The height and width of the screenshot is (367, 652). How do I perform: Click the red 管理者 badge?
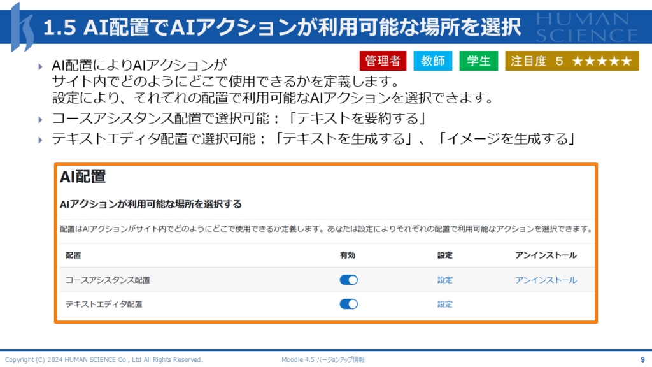pyautogui.click(x=383, y=61)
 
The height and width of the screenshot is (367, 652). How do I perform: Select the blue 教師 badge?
pyautogui.click(x=432, y=61)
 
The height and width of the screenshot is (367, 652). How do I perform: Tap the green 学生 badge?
pyautogui.click(x=479, y=61)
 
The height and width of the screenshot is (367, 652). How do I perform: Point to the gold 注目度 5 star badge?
pyautogui.click(x=572, y=61)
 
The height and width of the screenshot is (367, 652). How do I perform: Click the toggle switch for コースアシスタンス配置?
pyautogui.click(x=348, y=280)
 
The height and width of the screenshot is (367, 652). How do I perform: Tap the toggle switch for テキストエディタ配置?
pyautogui.click(x=348, y=304)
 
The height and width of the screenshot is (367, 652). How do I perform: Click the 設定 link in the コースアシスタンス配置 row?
pyautogui.click(x=444, y=280)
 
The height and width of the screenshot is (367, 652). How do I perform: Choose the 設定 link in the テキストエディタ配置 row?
pyautogui.click(x=444, y=304)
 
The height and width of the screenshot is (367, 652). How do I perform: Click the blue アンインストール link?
pyautogui.click(x=546, y=280)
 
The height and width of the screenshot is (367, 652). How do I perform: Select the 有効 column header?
pyautogui.click(x=348, y=255)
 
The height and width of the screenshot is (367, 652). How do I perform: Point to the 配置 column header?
pyautogui.click(x=73, y=255)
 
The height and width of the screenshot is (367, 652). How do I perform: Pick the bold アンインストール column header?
pyautogui.click(x=546, y=255)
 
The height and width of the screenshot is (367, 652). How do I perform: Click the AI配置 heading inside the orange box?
pyautogui.click(x=83, y=177)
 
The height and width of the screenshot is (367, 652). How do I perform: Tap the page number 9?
pyautogui.click(x=642, y=359)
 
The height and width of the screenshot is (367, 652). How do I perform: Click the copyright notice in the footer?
pyautogui.click(x=104, y=359)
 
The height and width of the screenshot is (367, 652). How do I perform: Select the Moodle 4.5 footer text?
pyautogui.click(x=323, y=359)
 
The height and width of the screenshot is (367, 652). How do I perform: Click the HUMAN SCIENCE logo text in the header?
pyautogui.click(x=586, y=27)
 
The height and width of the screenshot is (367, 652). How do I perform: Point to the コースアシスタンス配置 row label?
pyautogui.click(x=108, y=280)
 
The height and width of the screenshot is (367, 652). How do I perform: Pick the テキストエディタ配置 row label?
pyautogui.click(x=104, y=304)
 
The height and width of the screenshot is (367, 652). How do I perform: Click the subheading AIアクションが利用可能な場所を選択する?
pyautogui.click(x=150, y=205)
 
